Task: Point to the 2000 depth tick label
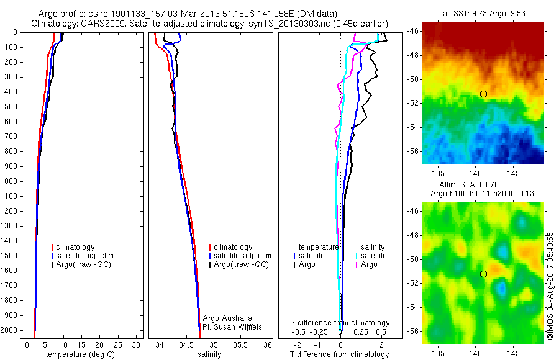9,330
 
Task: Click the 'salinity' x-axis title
209,354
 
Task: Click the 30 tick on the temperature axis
137,344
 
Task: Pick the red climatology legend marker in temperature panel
53,247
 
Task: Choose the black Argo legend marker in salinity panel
211,265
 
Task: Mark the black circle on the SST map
483,94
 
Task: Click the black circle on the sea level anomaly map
483,274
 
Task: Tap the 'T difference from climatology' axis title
340,354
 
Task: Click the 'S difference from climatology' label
340,323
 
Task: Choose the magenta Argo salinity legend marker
357,265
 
